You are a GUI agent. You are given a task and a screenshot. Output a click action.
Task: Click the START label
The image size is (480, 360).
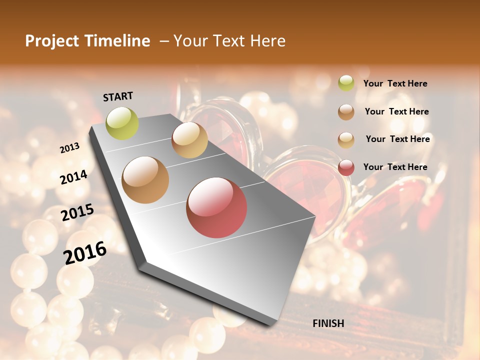coord(118,96)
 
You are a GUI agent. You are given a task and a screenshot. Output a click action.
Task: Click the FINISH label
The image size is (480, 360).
coord(328,323)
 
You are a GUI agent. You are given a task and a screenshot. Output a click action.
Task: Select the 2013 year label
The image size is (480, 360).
coord(70,148)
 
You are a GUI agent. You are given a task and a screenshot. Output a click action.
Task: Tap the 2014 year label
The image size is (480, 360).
coord(74,177)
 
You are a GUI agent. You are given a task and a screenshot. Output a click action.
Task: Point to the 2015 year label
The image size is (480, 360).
coord(77,212)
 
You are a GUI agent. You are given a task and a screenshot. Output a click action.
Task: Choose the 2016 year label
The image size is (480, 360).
coord(85,252)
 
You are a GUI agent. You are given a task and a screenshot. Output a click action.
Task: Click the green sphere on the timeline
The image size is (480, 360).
coord(122,123)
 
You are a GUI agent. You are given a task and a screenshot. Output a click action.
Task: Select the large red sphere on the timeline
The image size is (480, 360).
coord(216,207)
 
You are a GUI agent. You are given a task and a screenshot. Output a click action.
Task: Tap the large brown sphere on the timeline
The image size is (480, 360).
coord(145,180)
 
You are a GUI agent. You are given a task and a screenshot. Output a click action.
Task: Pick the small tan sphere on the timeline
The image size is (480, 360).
coord(189,140)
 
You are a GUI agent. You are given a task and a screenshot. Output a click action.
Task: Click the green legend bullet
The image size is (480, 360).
coord(346,83)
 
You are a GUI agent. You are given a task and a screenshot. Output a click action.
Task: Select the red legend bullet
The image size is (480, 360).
coord(346,167)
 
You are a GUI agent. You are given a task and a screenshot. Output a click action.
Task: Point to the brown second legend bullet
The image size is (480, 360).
coord(346,112)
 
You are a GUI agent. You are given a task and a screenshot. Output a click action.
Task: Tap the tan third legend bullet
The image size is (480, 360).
coord(346,139)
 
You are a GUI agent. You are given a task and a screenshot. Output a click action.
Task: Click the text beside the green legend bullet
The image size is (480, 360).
coord(395,84)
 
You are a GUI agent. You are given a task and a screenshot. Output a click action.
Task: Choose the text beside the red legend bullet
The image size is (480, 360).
coord(395,167)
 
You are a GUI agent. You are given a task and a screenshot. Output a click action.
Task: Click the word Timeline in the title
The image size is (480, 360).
coord(118,41)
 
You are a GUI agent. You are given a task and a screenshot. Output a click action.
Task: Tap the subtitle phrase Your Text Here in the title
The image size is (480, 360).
coord(229,41)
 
